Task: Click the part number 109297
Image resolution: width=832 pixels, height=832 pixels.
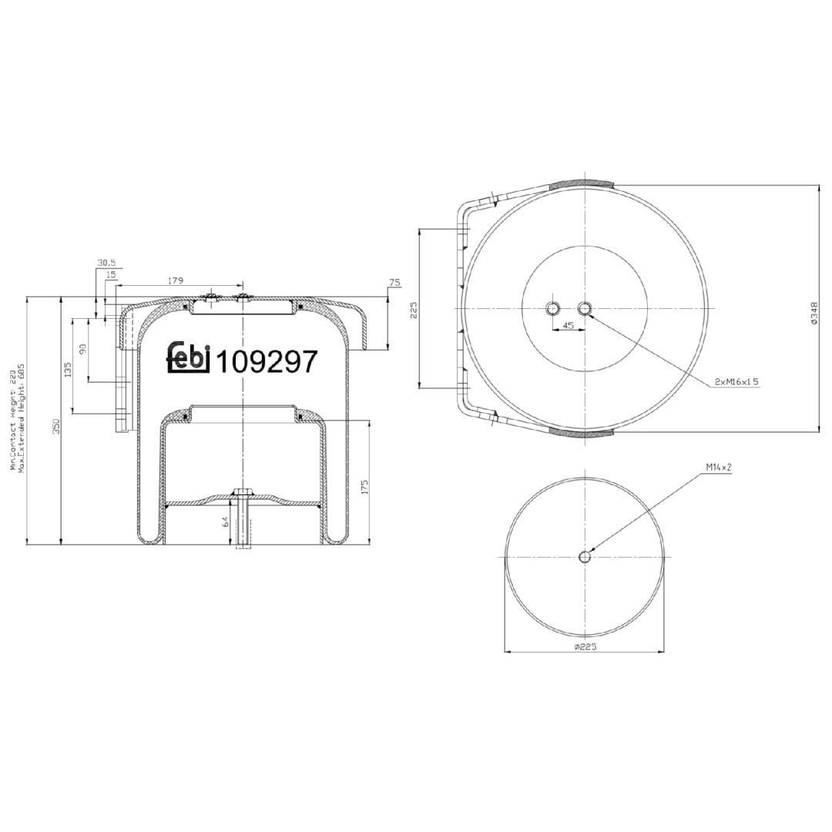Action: click(x=268, y=362)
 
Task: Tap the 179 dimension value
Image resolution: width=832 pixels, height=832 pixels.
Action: click(x=176, y=280)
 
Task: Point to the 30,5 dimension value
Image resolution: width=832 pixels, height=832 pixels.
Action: click(x=106, y=263)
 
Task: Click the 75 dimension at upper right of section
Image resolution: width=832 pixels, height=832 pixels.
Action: click(x=394, y=283)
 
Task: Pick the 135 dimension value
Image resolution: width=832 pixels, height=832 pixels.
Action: click(x=67, y=369)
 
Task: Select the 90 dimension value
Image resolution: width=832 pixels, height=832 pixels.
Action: click(x=82, y=349)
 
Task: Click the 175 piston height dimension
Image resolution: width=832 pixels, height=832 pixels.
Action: click(x=364, y=487)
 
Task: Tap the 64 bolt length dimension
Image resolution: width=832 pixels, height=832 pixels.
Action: click(x=225, y=522)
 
